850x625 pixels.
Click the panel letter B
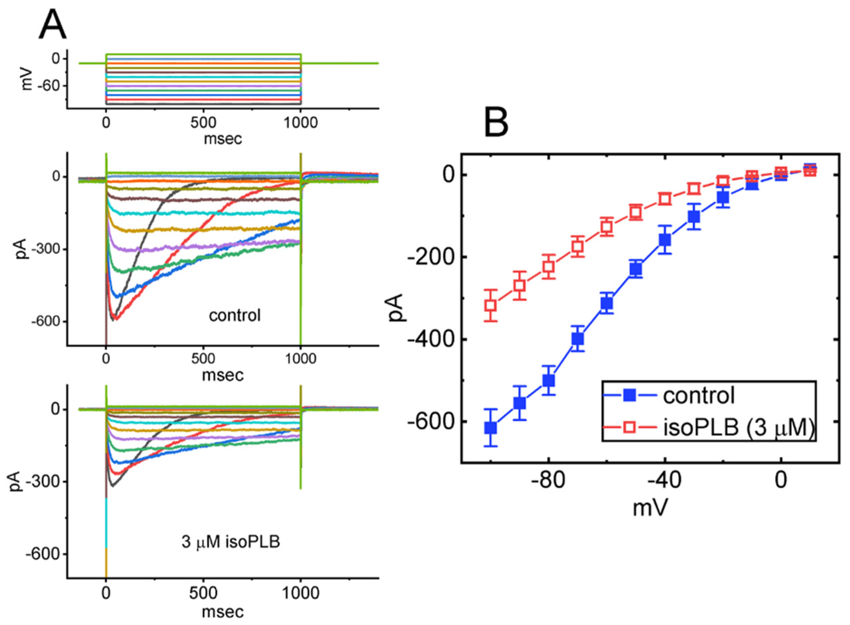[496, 122]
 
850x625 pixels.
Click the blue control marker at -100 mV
[491, 428]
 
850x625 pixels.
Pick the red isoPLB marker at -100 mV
[491, 305]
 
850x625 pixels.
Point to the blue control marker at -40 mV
[665, 240]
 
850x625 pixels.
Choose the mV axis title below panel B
[650, 508]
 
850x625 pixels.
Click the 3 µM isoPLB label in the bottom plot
[231, 542]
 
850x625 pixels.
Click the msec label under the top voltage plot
[223, 139]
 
